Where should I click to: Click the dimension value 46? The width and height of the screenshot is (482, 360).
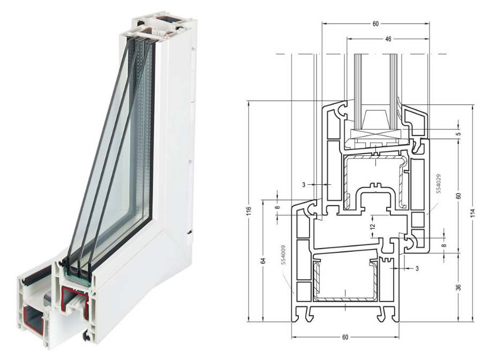tap(388, 39)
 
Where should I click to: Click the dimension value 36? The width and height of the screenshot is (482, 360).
tap(458, 288)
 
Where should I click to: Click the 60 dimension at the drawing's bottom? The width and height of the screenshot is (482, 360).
tap(345, 337)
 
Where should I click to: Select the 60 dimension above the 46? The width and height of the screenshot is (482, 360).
tap(375, 24)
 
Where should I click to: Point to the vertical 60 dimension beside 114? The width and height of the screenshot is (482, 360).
tap(458, 196)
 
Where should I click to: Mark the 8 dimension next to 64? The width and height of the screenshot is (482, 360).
tap(277, 205)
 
